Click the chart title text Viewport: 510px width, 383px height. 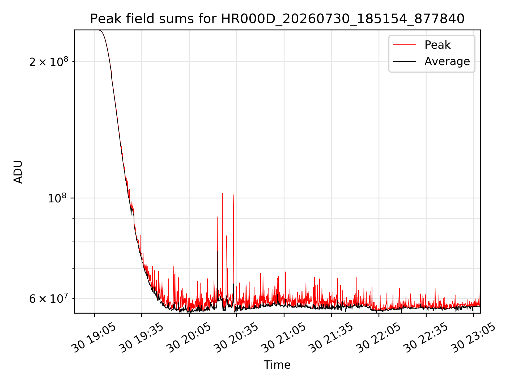(277, 19)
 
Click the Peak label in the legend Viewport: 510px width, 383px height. (437, 45)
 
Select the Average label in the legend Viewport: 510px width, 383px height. (447, 61)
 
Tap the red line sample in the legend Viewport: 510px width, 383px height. (404, 45)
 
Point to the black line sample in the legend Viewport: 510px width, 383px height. (404, 61)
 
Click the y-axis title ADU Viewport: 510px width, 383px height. (18, 172)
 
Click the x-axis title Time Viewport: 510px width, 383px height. (277, 365)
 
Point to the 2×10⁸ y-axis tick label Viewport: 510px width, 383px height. (49, 61)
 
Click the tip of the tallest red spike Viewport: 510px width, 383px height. (222, 193)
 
